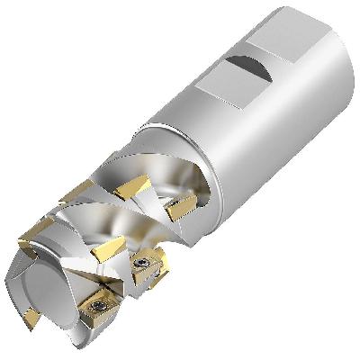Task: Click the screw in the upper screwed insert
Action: coord(143,263)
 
